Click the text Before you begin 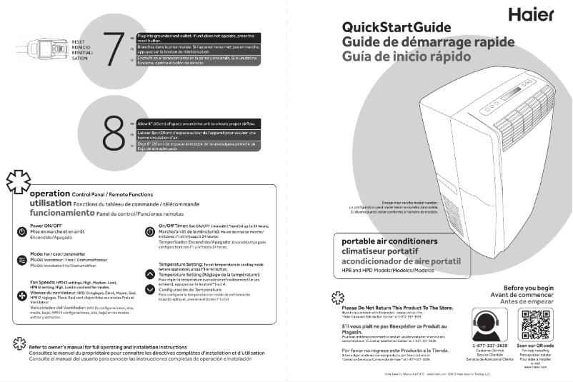pos(528,288)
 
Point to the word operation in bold pos(49,193)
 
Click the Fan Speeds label pos(29,282)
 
